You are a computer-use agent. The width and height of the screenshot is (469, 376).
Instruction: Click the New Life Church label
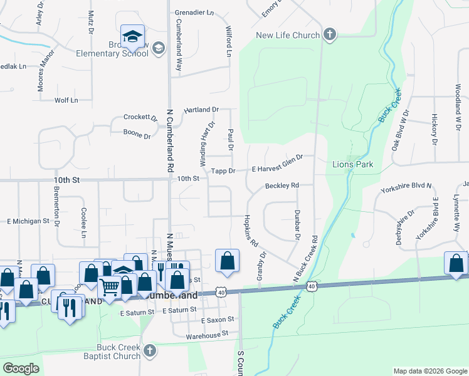(288, 35)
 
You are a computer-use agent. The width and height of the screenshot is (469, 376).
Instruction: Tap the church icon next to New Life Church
(330, 35)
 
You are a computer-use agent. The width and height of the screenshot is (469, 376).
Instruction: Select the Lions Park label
(352, 165)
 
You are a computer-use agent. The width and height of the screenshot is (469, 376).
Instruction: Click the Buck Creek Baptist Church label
(118, 352)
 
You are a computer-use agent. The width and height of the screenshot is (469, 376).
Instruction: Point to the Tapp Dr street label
(223, 170)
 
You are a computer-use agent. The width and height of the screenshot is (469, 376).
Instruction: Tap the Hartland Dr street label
(201, 110)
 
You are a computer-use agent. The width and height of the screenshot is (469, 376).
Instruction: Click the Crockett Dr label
(140, 118)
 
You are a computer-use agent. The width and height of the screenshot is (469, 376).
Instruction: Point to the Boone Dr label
(137, 135)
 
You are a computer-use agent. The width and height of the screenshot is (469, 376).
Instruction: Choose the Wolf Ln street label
(66, 100)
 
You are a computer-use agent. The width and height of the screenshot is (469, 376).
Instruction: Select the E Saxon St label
(217, 320)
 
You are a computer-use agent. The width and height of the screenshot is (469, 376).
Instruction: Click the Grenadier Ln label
(193, 13)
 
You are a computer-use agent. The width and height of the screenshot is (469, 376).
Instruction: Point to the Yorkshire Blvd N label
(407, 186)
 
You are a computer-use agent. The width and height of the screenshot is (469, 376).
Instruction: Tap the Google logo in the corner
(22, 368)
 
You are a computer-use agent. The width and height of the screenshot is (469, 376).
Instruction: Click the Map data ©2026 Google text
(430, 371)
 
